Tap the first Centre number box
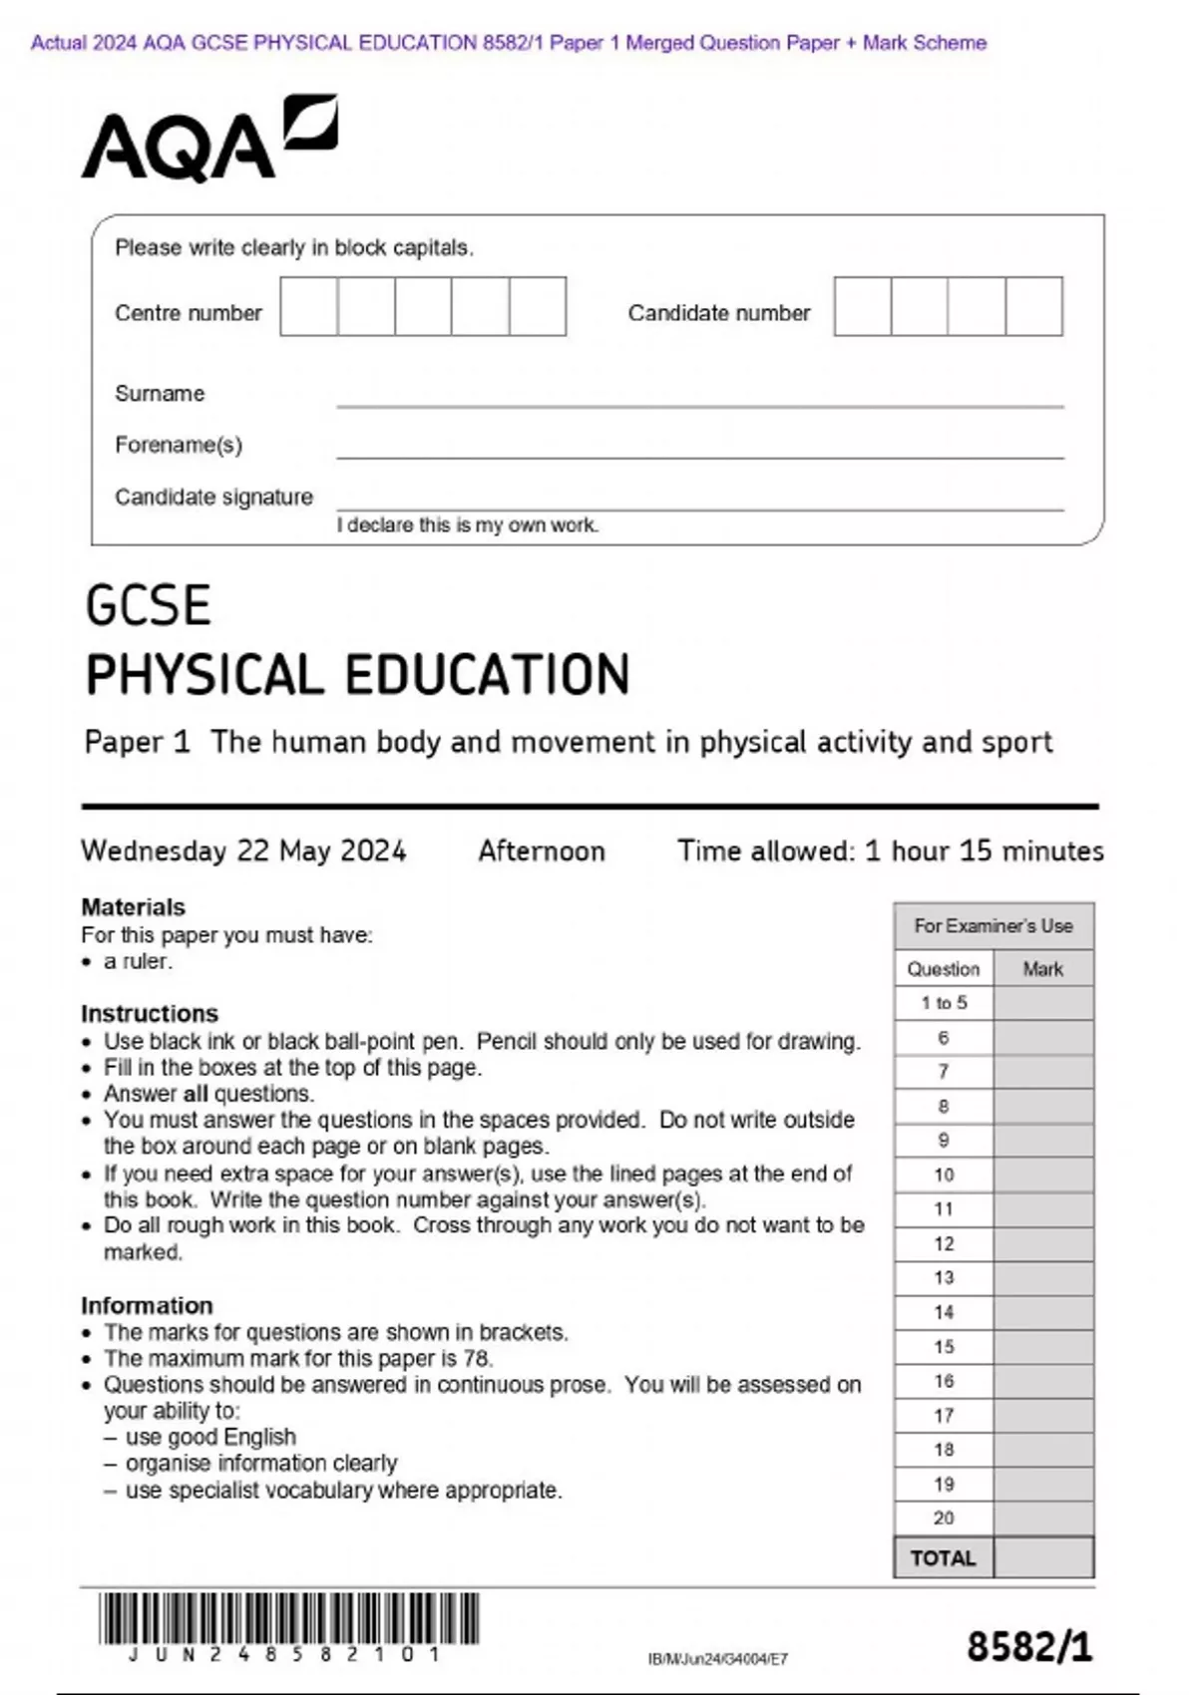point(308,306)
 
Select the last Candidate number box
point(1033,306)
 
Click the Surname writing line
point(698,397)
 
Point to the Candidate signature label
point(213,497)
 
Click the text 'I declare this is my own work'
point(467,525)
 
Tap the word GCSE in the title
point(148,605)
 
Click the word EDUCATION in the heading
point(488,674)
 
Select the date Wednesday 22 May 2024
point(243,850)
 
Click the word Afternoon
point(541,850)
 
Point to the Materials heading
point(133,907)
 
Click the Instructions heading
point(149,1013)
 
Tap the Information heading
point(147,1305)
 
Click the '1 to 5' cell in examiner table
point(944,1003)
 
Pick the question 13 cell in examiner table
point(944,1278)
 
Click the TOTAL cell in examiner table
point(943,1557)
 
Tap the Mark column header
point(1042,969)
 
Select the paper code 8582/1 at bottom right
point(1028,1646)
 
